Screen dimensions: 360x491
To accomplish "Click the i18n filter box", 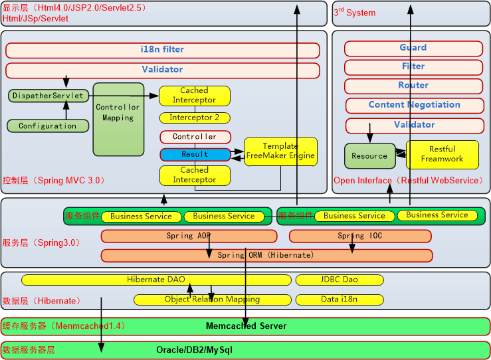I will [163, 50].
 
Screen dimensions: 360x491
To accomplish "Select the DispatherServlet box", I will [49, 96].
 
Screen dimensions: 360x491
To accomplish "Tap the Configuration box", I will [48, 126].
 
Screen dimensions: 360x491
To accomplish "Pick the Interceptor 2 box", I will [195, 118].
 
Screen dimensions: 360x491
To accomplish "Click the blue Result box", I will [195, 154].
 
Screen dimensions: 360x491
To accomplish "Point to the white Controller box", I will [195, 137].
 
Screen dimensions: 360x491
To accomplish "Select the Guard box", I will [413, 48].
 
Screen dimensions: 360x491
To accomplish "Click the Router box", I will [413, 86].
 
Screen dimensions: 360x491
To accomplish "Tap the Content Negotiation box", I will [414, 105].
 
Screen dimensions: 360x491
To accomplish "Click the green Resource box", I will [369, 156].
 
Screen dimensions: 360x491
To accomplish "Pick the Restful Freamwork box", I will [442, 154].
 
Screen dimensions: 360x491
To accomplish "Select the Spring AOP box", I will [189, 236].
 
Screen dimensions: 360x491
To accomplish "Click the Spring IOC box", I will [359, 236].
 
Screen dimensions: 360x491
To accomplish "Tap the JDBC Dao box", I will [340, 280].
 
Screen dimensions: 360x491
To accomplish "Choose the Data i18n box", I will [340, 300].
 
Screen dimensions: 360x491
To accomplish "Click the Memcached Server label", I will [246, 326].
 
